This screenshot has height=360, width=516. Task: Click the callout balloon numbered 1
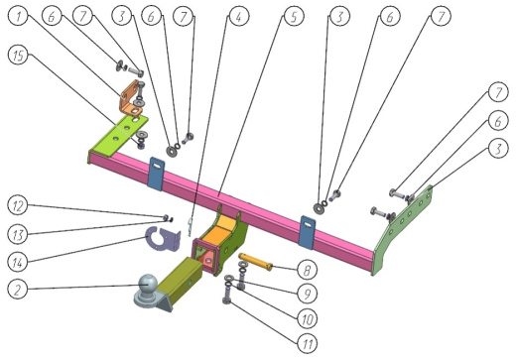click(18, 16)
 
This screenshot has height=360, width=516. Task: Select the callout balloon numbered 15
click(18, 55)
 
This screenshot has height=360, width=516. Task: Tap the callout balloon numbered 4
click(239, 16)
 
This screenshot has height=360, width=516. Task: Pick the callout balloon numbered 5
click(294, 16)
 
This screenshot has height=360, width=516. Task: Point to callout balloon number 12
click(18, 205)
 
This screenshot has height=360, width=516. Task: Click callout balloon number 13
click(18, 234)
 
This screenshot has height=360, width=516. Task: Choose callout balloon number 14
click(18, 263)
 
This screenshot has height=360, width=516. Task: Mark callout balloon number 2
click(18, 289)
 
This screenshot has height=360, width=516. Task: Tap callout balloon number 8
click(307, 270)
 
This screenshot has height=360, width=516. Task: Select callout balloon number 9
click(307, 294)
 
